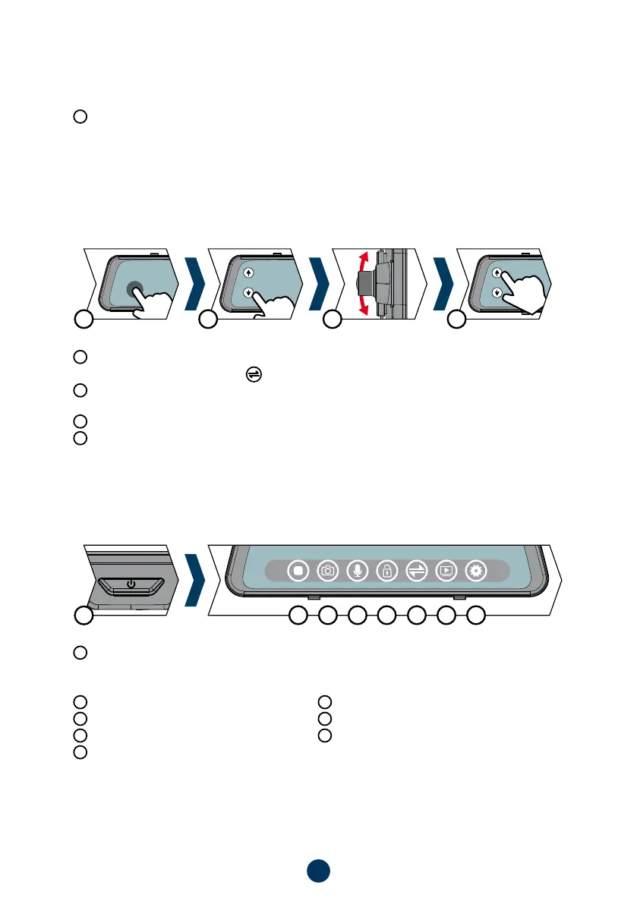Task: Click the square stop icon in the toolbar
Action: coord(298,570)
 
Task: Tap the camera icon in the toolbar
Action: coord(328,570)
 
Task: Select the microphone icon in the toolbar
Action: coord(357,570)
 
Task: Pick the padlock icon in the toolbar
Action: coord(386,570)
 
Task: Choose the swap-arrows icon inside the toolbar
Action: coord(416,570)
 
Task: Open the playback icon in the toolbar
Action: coord(446,570)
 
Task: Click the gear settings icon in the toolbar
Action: coord(475,570)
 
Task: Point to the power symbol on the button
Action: coord(131,584)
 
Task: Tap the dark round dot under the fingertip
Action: coord(136,288)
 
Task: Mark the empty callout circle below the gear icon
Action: coord(475,616)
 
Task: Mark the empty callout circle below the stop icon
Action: coord(298,616)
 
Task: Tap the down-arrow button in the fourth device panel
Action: coord(497,293)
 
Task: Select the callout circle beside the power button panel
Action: coord(84,616)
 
